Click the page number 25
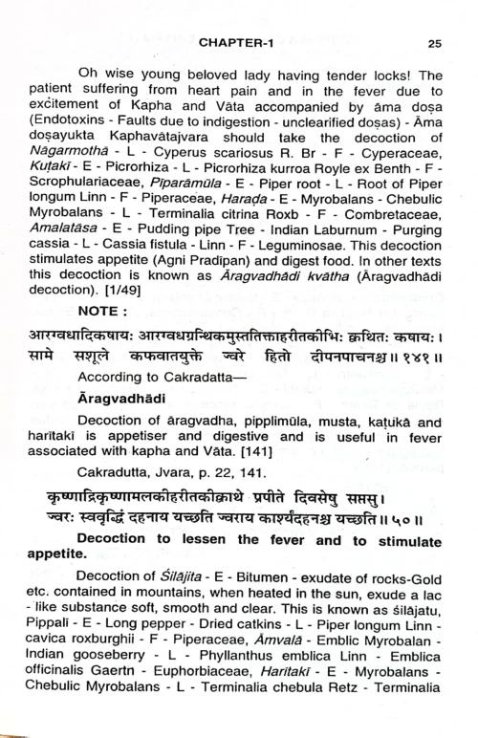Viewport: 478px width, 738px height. point(435,42)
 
